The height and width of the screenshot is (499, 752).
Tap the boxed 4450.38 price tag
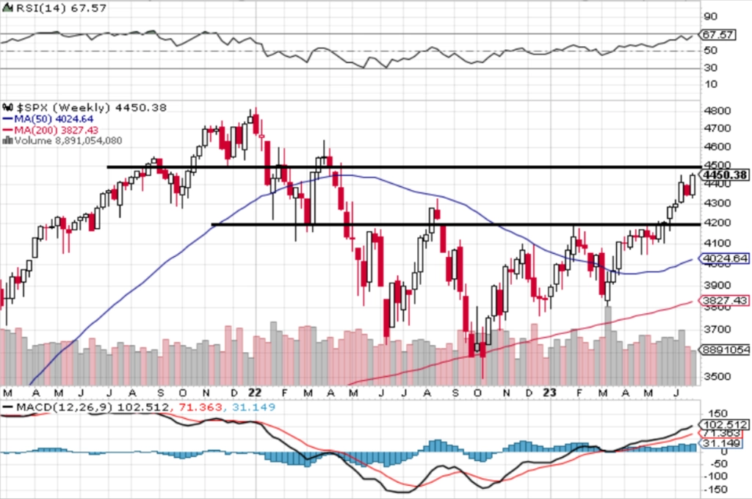724,175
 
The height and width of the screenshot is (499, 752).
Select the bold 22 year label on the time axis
256,393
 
